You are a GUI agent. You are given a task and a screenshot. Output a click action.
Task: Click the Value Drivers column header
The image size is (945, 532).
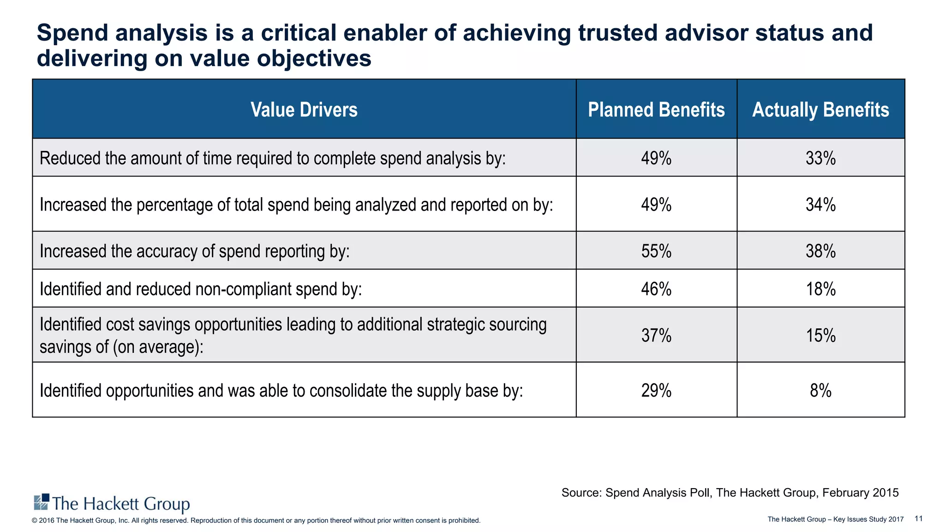[304, 110]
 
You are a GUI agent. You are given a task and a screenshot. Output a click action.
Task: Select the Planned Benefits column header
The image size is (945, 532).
[656, 110]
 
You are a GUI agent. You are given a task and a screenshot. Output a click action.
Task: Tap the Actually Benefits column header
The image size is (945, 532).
[820, 110]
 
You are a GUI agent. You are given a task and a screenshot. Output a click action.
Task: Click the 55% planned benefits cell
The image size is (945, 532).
[656, 251]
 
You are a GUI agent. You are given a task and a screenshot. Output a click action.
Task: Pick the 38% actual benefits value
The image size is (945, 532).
[820, 251]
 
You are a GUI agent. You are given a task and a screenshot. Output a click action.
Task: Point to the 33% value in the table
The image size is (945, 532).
[820, 158]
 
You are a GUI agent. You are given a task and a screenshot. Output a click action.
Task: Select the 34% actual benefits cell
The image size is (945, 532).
[820, 205]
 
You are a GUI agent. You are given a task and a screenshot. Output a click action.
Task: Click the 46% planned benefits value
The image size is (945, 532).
[656, 289]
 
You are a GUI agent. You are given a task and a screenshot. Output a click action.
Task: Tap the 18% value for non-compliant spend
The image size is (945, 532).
[820, 289]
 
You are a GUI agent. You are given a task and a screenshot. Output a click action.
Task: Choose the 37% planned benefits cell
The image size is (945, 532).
[656, 335]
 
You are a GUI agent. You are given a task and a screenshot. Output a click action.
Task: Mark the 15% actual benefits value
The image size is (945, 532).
[820, 335]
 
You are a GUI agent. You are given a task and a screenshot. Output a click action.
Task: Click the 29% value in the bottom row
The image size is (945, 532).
[656, 391]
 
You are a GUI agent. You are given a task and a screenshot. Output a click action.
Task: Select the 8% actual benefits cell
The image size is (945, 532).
[820, 391]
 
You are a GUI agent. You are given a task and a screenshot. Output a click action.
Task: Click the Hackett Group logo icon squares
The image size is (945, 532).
[42, 502]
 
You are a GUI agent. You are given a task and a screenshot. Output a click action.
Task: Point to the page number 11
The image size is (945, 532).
[918, 519]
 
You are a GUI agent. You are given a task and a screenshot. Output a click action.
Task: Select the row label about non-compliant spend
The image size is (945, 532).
[201, 289]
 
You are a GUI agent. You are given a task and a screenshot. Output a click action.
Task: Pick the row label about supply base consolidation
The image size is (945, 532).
[281, 391]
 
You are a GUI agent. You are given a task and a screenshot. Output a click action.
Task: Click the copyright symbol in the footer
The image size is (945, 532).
[34, 520]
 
